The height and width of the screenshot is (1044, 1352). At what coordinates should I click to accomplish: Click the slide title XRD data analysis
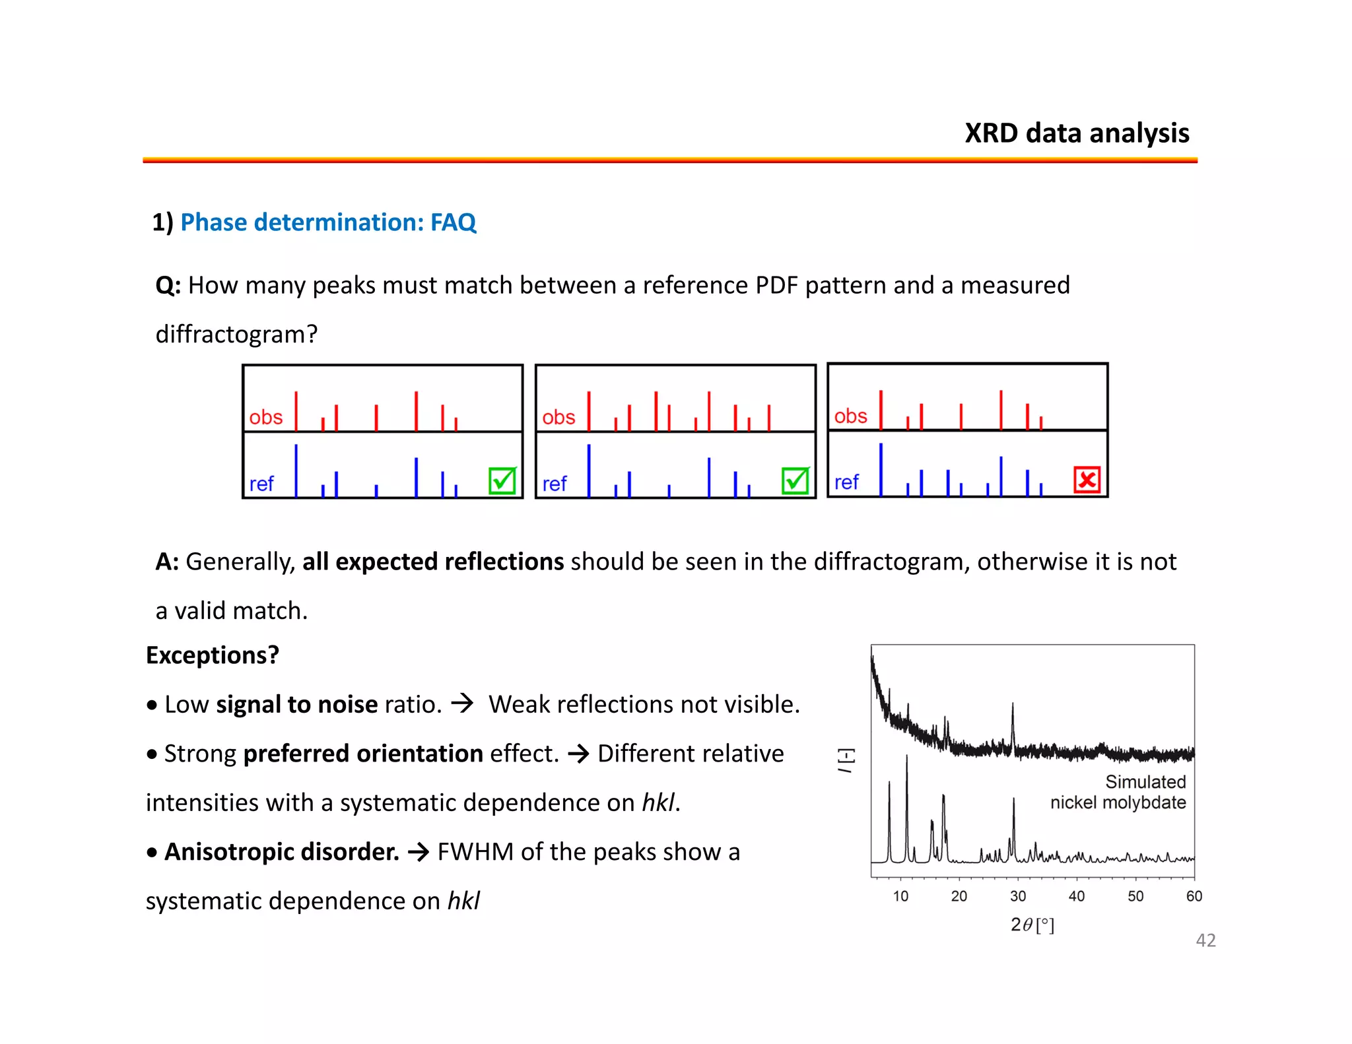click(1077, 133)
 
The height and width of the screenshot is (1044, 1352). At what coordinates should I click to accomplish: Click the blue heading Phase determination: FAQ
click(328, 222)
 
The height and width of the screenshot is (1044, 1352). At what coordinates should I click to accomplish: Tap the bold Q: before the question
click(168, 286)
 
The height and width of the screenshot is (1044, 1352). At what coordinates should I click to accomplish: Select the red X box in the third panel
click(1087, 480)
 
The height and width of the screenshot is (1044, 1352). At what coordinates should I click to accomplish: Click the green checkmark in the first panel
click(502, 480)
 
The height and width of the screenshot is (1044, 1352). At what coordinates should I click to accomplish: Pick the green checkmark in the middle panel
click(795, 480)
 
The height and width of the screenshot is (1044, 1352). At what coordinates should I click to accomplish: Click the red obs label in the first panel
click(265, 418)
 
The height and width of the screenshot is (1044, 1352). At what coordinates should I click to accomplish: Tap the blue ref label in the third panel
click(846, 482)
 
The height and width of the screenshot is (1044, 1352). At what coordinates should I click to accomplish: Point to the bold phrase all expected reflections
click(433, 562)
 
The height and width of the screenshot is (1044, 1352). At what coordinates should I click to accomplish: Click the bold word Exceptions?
click(213, 655)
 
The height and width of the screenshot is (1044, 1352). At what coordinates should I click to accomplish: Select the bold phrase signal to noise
click(297, 705)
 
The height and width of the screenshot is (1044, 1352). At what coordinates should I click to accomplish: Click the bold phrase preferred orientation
click(363, 754)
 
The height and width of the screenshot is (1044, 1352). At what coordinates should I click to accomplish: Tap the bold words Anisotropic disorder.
click(282, 852)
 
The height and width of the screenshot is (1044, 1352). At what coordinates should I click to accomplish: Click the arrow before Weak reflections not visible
click(462, 703)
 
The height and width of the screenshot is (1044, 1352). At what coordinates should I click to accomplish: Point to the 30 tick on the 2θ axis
click(1018, 896)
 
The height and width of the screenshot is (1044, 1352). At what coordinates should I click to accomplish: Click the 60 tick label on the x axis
click(1194, 896)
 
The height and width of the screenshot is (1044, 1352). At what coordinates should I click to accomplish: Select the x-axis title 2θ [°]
click(1032, 925)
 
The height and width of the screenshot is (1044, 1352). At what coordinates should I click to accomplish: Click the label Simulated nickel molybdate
click(1118, 793)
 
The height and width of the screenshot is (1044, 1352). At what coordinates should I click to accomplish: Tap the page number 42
click(1205, 940)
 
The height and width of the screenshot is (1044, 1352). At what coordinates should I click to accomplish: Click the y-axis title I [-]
click(846, 760)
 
